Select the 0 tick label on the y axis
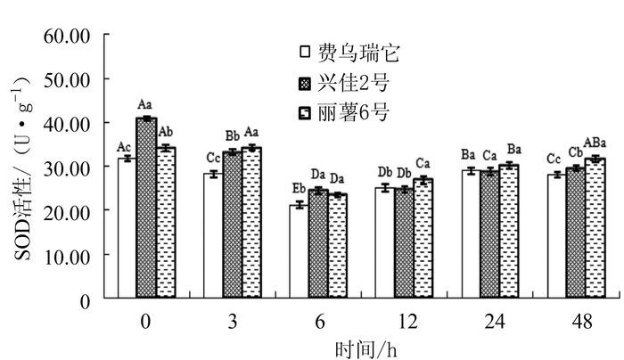tap(85, 300)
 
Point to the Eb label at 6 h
tap(299, 188)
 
